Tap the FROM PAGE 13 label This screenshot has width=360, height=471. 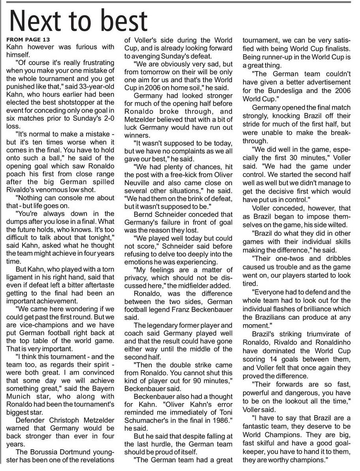[x=28, y=40]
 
